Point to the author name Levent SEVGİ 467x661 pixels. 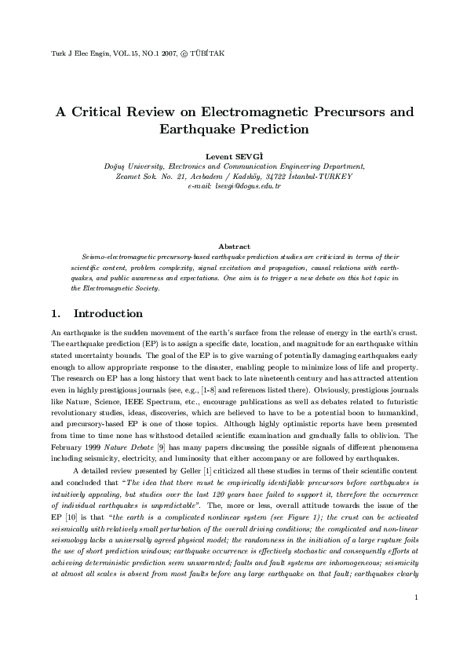(x=233, y=156)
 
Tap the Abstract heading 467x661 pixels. (x=233, y=247)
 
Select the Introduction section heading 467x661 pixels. (x=113, y=314)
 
